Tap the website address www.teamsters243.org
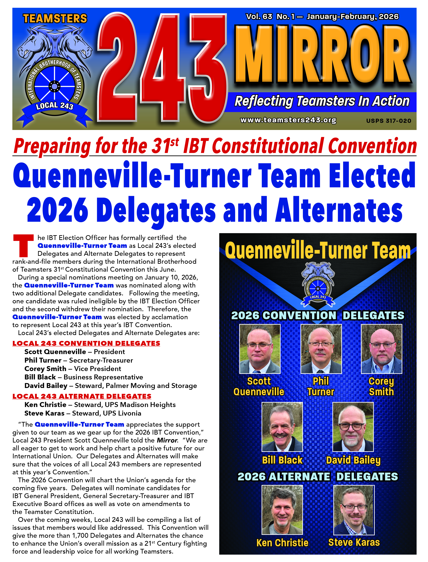pos(288,120)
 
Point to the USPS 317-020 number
pos(389,121)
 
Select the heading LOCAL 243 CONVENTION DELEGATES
pos(86,343)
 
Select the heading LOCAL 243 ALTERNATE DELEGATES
pos(82,396)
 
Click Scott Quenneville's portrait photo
pos(260,349)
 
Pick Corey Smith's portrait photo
pos(381,349)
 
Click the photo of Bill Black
pos(282,427)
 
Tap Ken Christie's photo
pos(282,510)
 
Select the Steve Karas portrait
pos(354,510)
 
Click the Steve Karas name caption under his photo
pos(354,542)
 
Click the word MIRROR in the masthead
pos(322,55)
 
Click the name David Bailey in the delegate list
pos(46,386)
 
